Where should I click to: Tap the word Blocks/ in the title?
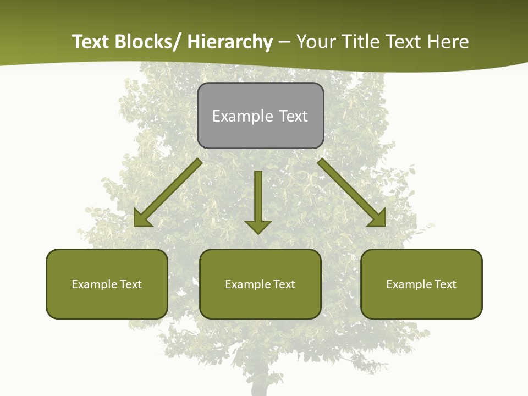click(148, 42)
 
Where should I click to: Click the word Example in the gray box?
click(235, 116)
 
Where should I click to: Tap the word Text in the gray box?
click(293, 116)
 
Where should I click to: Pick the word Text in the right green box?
click(446, 284)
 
